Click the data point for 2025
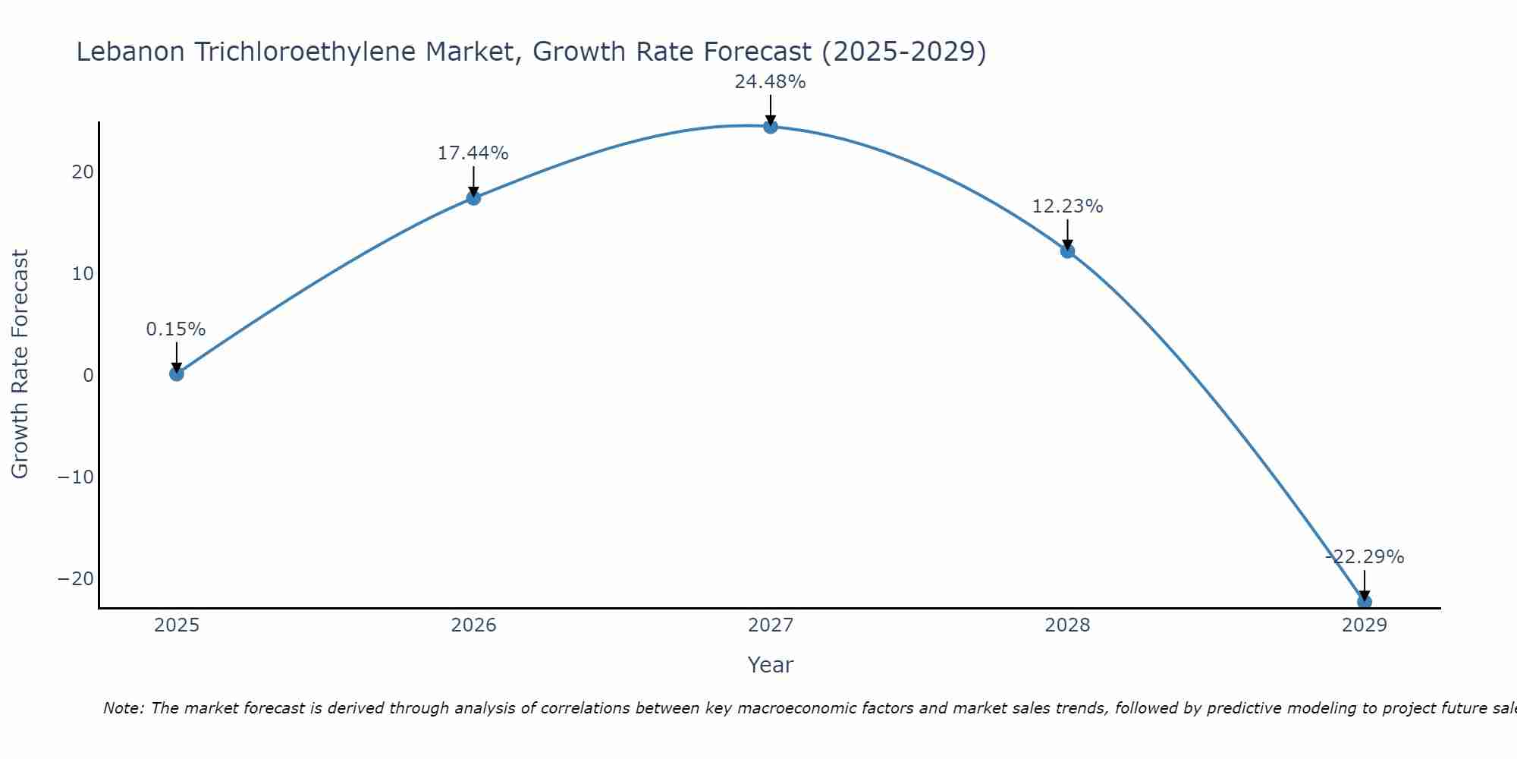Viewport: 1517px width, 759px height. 177,373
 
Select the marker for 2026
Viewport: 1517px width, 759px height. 473,198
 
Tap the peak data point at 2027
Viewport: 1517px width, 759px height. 771,126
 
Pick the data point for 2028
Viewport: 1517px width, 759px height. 1067,251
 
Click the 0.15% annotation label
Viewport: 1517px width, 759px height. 176,329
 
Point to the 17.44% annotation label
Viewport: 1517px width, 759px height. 473,153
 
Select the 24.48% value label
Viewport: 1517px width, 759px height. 770,82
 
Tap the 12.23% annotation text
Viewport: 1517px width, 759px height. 1067,206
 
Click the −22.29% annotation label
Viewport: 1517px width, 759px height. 1365,557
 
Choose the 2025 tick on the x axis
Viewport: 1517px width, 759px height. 177,625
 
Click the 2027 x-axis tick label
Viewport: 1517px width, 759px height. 771,625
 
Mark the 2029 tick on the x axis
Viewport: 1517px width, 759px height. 1365,625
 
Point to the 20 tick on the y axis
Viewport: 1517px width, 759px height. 83,172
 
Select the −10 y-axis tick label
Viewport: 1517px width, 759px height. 76,477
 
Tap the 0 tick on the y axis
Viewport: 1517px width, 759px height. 89,376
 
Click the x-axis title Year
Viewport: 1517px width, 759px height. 770,665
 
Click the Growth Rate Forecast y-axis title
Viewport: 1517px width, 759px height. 20,364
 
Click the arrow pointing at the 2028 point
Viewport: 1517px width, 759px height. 1067,235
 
